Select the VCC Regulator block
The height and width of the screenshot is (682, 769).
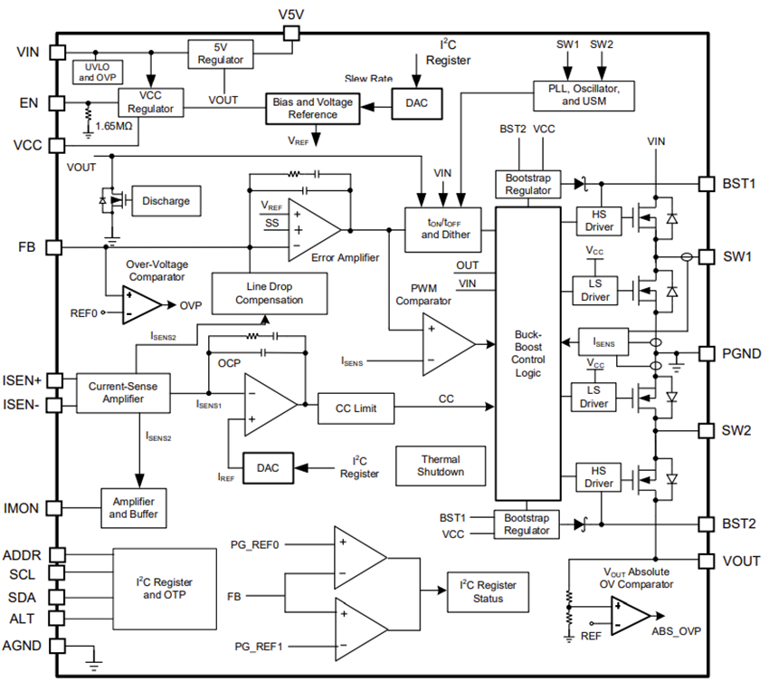click(148, 101)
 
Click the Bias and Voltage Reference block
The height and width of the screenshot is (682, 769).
click(312, 109)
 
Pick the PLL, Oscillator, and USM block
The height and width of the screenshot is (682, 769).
click(584, 94)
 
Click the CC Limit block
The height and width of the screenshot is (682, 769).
click(359, 408)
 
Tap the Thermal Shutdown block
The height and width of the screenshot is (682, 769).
click(441, 466)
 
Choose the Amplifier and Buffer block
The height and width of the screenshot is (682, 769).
click(134, 508)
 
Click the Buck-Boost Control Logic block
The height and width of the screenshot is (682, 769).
click(527, 352)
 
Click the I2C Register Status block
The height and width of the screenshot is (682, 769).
click(488, 591)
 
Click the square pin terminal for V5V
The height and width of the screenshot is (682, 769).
click(291, 34)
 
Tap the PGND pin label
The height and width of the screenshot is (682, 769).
click(740, 353)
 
